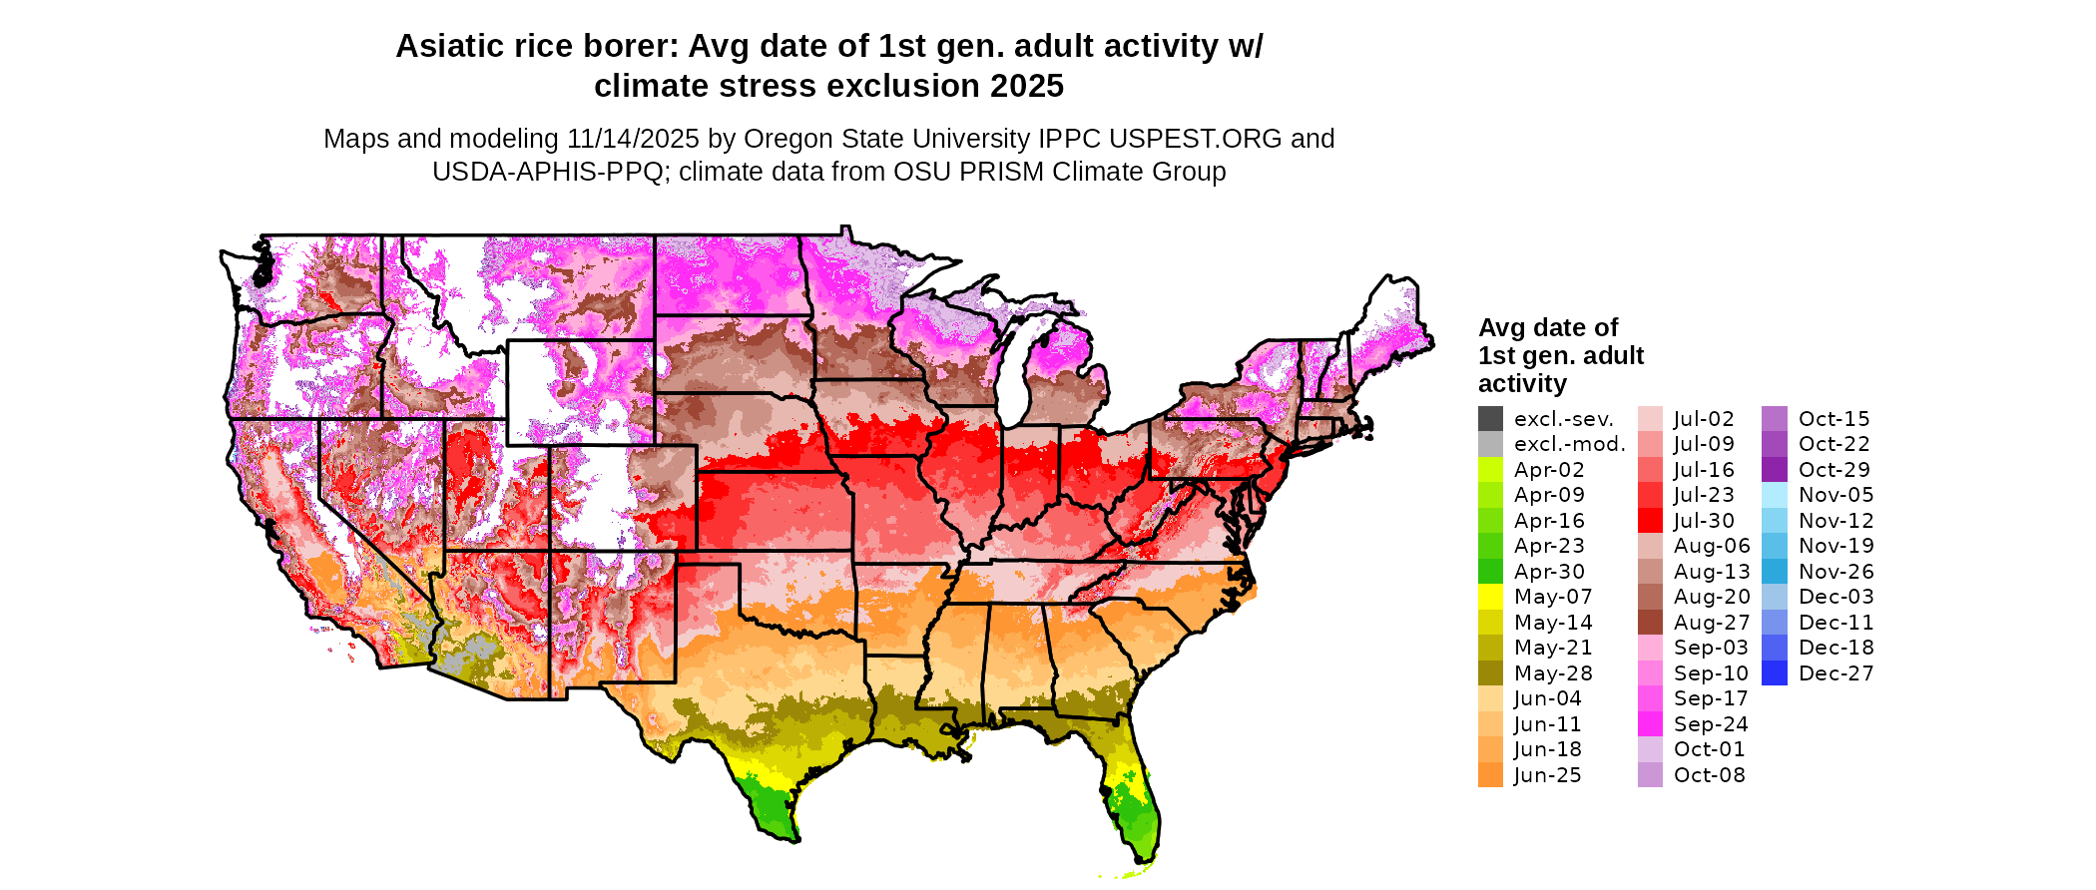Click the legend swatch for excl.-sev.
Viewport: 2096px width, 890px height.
tap(1490, 419)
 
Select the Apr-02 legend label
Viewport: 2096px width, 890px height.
tap(1549, 470)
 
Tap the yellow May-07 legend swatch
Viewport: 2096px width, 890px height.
tap(1490, 597)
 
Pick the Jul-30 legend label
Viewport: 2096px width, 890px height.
tap(1704, 521)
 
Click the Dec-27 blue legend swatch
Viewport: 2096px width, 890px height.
tap(1775, 673)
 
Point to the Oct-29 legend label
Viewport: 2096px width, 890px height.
tap(1834, 470)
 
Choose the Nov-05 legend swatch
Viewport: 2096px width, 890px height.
tap(1775, 495)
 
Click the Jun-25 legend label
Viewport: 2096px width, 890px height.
tap(1547, 775)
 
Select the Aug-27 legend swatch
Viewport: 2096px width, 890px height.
tap(1650, 623)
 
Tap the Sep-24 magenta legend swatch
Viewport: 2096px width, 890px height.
tap(1650, 724)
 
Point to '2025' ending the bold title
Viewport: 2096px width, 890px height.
tap(1027, 87)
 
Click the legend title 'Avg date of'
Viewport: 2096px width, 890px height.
tap(1548, 328)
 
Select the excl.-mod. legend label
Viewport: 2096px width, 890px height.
tap(1569, 444)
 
